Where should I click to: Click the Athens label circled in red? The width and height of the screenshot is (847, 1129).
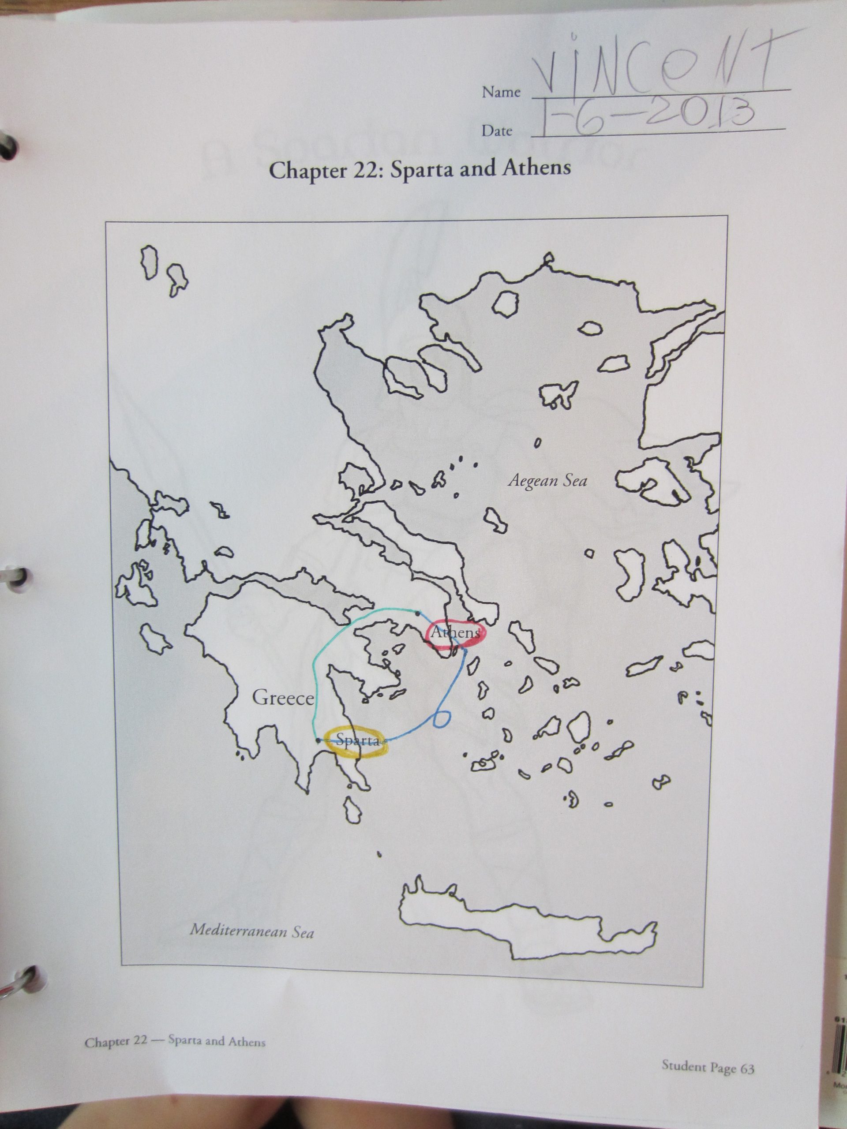(x=455, y=633)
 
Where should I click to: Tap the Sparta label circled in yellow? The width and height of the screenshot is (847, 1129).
(x=358, y=740)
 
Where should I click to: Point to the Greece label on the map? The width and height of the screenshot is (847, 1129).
(x=282, y=698)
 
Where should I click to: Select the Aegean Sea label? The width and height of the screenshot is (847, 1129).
(x=547, y=480)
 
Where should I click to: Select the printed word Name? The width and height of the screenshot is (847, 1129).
(x=501, y=92)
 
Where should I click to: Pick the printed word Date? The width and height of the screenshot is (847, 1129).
(x=496, y=131)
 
